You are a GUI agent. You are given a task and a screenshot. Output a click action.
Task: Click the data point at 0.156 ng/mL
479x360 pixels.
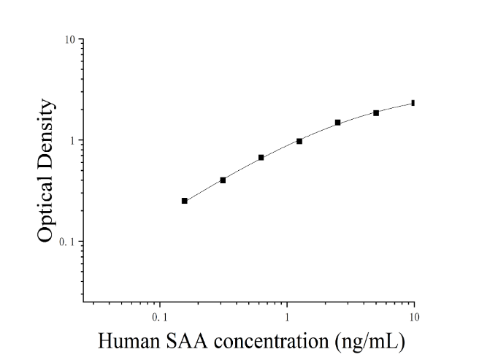[185, 201]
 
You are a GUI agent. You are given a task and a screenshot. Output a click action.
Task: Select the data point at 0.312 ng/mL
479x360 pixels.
[223, 180]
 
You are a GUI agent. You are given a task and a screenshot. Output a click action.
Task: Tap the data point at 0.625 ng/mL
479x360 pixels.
[261, 158]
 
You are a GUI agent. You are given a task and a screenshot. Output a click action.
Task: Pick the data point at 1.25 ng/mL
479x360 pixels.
[299, 141]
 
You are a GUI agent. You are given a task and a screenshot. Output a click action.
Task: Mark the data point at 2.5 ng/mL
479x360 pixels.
[337, 123]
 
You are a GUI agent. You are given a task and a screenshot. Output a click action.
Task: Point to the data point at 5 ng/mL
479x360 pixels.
[376, 113]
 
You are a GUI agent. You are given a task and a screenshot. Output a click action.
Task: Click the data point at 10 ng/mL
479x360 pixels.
[413, 103]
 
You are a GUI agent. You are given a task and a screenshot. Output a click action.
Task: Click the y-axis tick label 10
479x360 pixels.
[69, 39]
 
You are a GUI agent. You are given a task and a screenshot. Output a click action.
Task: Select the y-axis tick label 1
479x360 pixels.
[72, 141]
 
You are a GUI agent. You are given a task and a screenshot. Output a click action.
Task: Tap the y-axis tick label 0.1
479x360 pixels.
[67, 242]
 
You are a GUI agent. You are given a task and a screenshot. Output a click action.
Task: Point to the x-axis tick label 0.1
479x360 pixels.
[160, 318]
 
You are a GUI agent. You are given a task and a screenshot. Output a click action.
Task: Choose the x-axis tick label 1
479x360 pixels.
[287, 318]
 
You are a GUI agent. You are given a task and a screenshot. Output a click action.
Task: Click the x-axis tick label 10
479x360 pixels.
[414, 318]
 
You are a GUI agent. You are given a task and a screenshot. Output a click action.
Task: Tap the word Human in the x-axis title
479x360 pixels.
[129, 341]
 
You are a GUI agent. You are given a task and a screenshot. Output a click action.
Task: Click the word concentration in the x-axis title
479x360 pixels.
[271, 341]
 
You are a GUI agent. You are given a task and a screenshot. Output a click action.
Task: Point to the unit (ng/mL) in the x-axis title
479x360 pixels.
[370, 342]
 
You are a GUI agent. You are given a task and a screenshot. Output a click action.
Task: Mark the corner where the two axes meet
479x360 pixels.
[83, 302]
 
